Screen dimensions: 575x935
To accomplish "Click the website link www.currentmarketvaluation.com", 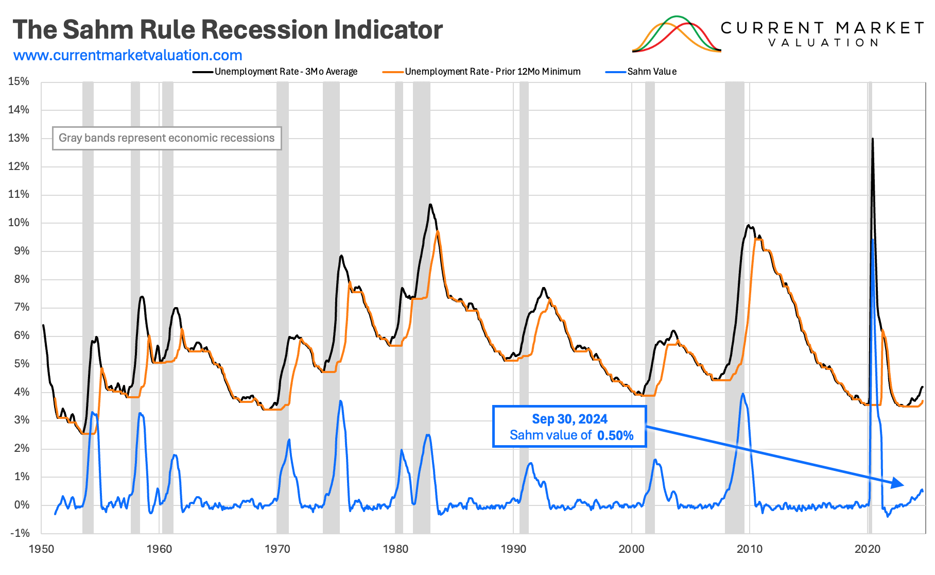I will [128, 55].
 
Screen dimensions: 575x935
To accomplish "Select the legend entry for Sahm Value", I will [651, 72].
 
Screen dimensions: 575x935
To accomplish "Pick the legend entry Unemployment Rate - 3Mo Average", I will [286, 72].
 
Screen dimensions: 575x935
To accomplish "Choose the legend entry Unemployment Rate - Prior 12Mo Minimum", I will [492, 72].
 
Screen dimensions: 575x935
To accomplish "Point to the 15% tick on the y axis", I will [19, 81].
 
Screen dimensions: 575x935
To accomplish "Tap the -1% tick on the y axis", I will [20, 533].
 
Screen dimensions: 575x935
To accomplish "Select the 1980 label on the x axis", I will [395, 549].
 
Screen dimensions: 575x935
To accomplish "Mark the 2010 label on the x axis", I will [750, 549].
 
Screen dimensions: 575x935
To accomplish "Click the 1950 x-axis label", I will [41, 549].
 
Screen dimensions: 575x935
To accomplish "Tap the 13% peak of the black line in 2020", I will [872, 139].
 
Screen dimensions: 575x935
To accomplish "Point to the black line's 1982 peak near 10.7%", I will [430, 205].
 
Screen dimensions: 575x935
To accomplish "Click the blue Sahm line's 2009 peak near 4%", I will [742, 394].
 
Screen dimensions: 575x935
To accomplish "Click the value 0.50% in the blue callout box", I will [615, 435].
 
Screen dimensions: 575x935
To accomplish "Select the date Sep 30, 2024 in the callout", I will [569, 419].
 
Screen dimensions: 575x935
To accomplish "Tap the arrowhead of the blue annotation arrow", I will [898, 483].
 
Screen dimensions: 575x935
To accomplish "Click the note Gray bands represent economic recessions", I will [166, 138].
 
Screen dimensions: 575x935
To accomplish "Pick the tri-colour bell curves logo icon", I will [677, 34].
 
